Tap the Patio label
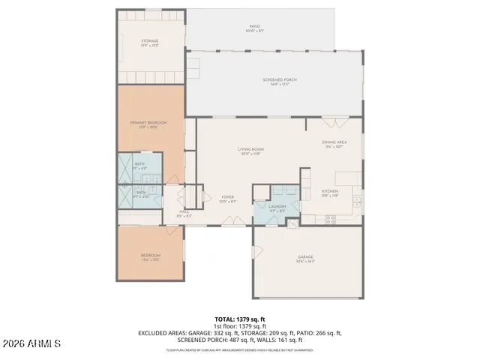point(254,28)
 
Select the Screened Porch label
point(275,81)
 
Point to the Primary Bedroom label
point(148,124)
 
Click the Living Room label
point(250,151)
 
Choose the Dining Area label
point(333,145)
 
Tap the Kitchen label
point(330,193)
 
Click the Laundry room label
point(277,208)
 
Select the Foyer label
point(227,200)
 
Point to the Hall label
point(184,213)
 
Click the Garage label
point(306,259)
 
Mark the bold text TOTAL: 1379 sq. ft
point(239,319)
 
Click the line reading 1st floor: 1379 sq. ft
point(239,326)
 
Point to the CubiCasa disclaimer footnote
point(239,349)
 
